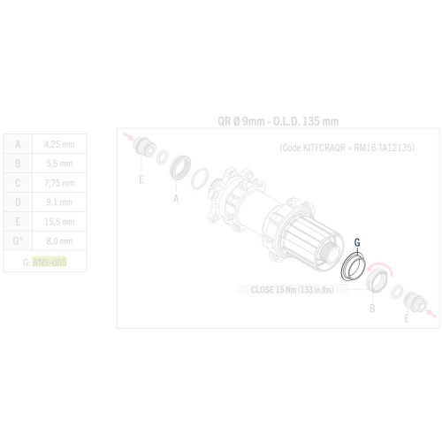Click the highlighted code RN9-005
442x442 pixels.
(50, 262)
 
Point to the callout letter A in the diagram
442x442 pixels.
(176, 199)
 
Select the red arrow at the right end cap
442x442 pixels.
(428, 309)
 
